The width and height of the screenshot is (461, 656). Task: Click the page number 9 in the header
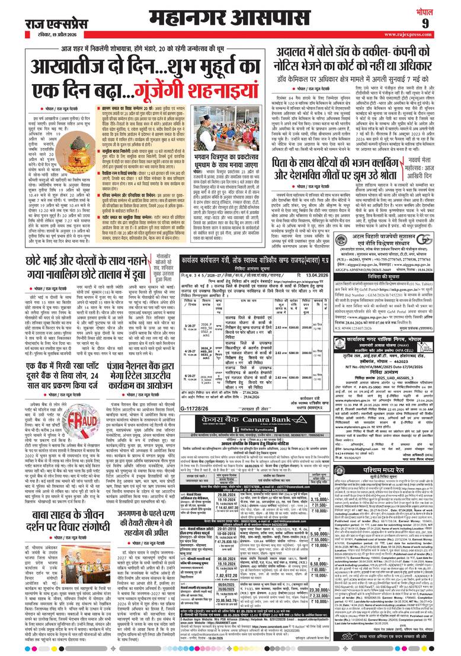click(x=441, y=22)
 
